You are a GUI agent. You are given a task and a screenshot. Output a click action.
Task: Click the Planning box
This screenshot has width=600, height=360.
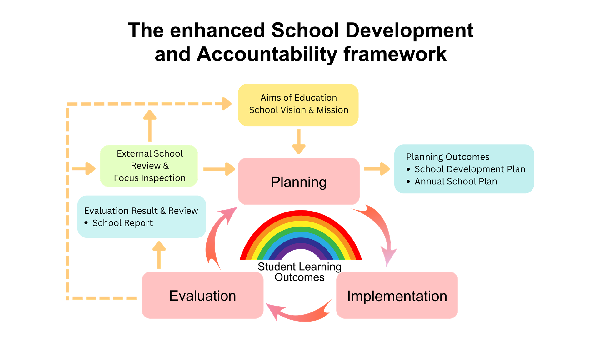299,182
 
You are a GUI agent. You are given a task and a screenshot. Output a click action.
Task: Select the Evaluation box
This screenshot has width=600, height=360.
202,295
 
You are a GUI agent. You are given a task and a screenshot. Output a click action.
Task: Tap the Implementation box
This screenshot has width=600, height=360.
397,295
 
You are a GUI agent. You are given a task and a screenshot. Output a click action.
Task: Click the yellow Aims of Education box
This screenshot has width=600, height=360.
298,105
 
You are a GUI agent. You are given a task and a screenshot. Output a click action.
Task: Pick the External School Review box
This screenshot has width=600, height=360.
149,166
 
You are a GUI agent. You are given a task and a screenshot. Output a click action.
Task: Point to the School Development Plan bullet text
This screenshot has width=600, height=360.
470,169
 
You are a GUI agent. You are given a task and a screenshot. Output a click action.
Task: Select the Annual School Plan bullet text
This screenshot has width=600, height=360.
456,181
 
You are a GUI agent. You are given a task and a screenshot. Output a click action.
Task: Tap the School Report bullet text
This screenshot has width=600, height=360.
122,223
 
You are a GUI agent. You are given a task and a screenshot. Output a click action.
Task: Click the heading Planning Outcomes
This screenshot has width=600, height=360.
447,157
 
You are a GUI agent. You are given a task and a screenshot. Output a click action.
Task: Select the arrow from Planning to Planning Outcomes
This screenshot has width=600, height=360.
377,169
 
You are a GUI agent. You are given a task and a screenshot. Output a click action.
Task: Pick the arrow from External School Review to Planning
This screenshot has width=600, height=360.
219,169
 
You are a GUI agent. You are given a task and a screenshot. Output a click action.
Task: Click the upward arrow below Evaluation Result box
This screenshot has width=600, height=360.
159,255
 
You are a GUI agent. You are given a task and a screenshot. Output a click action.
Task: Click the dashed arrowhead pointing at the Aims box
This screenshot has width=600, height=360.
226,103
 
